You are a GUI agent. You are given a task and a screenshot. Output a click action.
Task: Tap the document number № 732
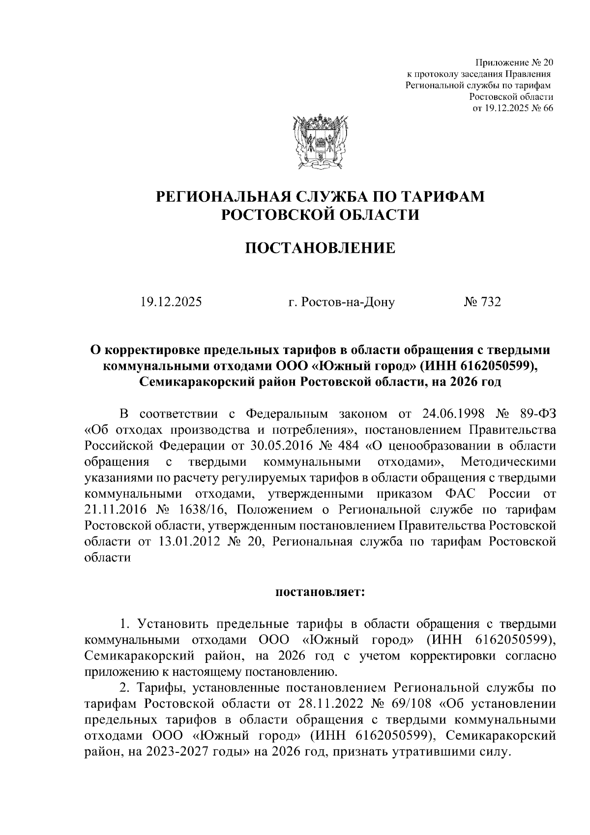pyautogui.click(x=482, y=302)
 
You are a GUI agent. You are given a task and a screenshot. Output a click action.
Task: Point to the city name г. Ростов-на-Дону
pyautogui.click(x=341, y=302)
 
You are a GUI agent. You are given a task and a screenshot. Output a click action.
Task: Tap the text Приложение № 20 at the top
pyautogui.click(x=513, y=63)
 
